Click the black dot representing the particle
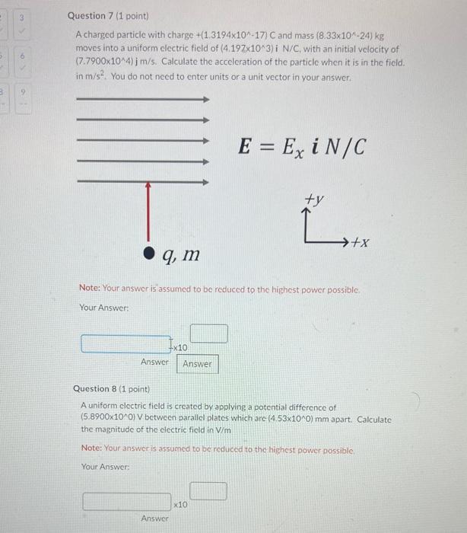pos(151,251)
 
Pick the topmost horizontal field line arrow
pos(143,98)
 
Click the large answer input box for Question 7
pos(126,345)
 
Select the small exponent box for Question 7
pos(208,334)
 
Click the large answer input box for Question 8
pos(127,502)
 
